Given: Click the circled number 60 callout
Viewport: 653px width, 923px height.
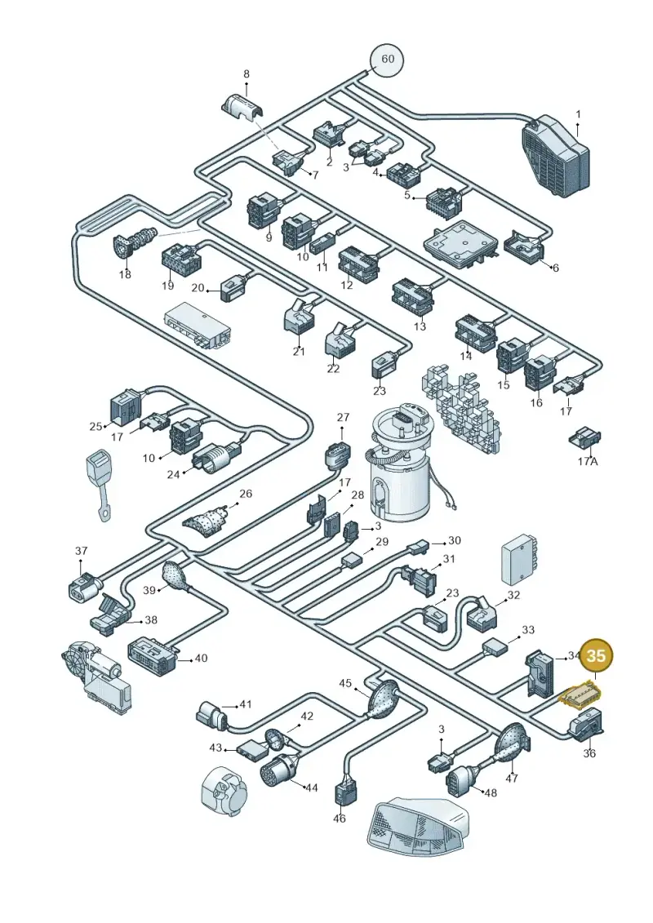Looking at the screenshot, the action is click(x=388, y=60).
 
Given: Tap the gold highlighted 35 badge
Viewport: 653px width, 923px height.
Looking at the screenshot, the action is click(x=596, y=656).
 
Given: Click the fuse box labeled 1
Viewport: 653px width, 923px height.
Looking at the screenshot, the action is click(x=555, y=153).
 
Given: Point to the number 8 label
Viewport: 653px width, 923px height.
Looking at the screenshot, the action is click(x=247, y=74).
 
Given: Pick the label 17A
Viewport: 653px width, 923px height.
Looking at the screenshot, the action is click(x=587, y=461).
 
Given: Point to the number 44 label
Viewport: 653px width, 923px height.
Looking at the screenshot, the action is click(x=311, y=787).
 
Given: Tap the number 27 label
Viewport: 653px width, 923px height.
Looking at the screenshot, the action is click(x=343, y=417).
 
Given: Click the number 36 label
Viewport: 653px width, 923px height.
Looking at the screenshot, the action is click(x=589, y=753).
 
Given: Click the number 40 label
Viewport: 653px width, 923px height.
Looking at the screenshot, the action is click(x=201, y=658).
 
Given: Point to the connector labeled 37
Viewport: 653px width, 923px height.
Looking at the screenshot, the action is click(x=83, y=586).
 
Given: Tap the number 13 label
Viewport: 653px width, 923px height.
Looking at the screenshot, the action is click(x=420, y=326).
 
